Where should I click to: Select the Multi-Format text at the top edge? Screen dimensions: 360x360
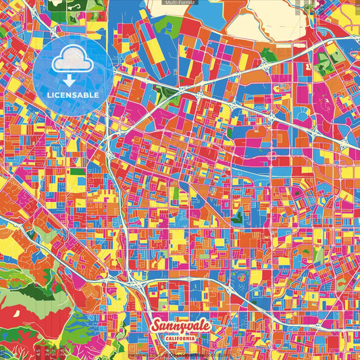(180, 3)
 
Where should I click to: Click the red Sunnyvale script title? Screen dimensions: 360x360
(180, 326)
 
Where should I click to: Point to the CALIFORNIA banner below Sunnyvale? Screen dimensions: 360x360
(181, 338)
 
